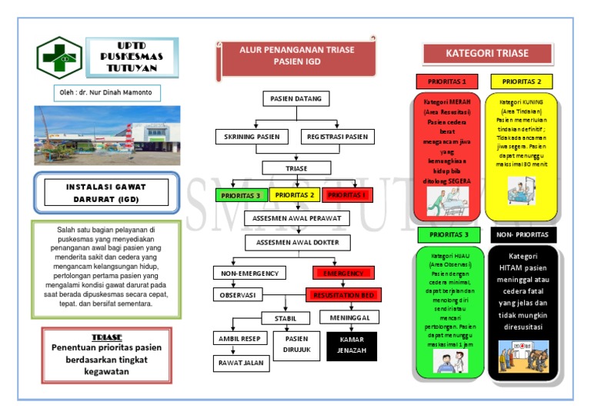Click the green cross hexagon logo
pos(59,58)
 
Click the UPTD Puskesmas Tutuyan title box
pos(132,57)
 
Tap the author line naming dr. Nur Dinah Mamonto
pos(107,93)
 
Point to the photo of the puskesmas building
pos(107,135)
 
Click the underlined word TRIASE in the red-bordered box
pos(106,337)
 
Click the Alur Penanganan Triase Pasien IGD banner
pos(296,55)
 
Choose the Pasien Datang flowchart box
pos(296,99)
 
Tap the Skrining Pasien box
pos(251,137)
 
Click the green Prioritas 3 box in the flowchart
pos(240,195)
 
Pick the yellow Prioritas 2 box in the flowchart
pos(294,195)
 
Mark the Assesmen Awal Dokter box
pos(297,243)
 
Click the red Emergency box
pos(343,273)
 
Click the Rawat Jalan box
pos(242,363)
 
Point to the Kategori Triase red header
pos(487,54)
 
